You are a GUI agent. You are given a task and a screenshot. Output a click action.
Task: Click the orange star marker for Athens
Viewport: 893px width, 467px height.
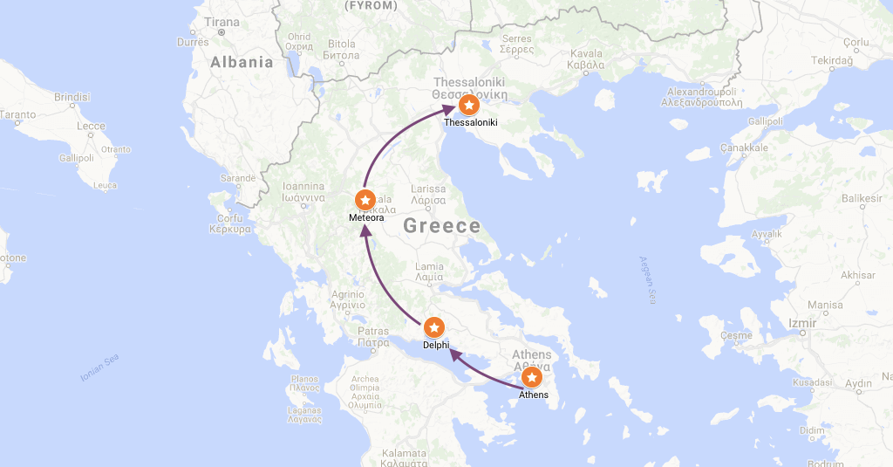531,378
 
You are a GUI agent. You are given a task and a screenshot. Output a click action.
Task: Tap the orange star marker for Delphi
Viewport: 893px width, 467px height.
435,328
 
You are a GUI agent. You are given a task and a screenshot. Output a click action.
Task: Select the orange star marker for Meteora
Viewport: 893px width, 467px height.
366,200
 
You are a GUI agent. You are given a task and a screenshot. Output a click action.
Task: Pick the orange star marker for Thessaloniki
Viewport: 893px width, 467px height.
469,106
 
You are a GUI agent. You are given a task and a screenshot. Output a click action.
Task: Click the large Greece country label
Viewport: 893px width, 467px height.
442,226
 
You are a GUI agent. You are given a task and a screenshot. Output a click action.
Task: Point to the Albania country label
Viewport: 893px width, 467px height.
242,62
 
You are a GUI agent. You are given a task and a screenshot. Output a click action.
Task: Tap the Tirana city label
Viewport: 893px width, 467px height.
222,22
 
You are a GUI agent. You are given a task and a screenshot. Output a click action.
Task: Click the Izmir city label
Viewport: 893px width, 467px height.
801,322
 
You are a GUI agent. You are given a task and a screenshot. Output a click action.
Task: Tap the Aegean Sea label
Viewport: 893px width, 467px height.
646,279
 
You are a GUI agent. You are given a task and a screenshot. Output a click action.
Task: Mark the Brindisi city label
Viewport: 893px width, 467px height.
72,97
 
